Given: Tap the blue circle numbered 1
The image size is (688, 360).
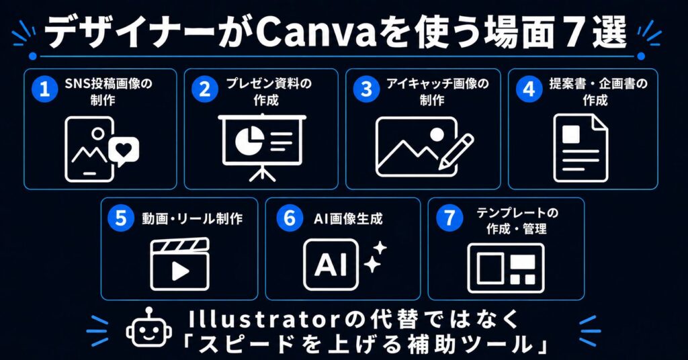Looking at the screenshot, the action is tap(44, 89).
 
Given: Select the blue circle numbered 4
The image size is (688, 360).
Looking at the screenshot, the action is tap(529, 89).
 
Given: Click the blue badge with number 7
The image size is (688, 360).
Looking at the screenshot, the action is tap(449, 218).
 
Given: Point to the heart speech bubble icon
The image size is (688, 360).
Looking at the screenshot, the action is tap(124, 151).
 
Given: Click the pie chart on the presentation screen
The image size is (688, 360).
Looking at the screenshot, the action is tap(249, 141).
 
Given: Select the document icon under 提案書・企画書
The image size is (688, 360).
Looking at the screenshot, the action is tap(580, 148).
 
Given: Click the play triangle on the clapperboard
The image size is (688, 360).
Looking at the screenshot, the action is tap(180, 271).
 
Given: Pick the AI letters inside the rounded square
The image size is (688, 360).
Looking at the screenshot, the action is tap(331, 265).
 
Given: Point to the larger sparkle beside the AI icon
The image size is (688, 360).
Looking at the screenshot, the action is tap(372, 264).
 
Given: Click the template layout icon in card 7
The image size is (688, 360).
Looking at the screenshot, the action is tap(506, 268).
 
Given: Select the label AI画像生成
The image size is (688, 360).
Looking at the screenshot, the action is tap(348, 218).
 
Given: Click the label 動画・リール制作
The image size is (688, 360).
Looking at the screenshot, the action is tap(191, 218).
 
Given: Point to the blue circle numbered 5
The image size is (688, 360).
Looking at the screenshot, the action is tap(121, 218).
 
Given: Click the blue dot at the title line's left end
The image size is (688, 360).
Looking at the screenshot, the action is tap(32, 56).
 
